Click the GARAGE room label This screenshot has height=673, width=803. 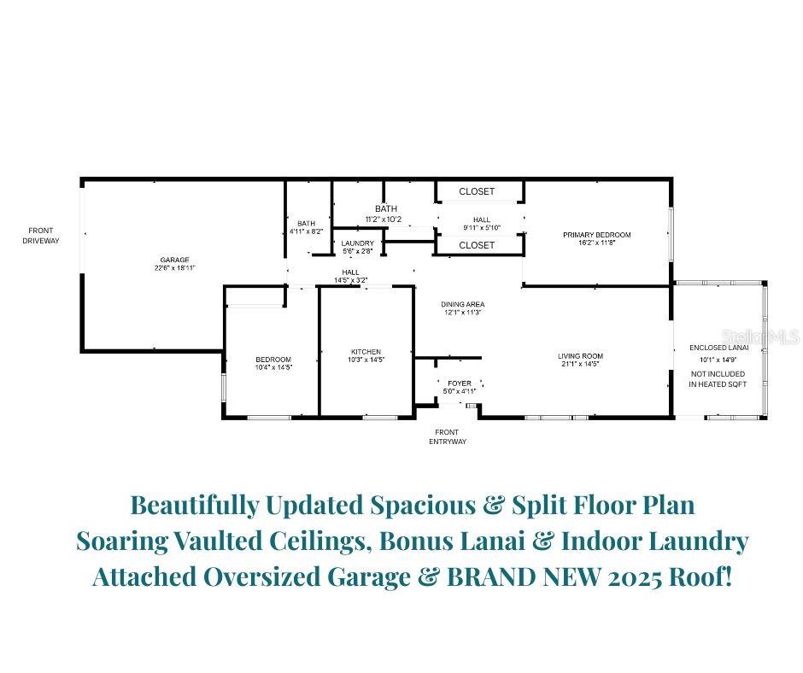[x=174, y=260]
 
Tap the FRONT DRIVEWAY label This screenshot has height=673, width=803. [x=41, y=236]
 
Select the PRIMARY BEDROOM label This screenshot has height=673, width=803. [x=596, y=235]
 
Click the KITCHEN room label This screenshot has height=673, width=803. [x=366, y=352]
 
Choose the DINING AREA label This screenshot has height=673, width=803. [x=463, y=304]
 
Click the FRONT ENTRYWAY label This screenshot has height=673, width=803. [x=446, y=436]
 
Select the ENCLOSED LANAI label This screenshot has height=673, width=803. [x=718, y=348]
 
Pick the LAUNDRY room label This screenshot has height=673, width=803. [x=357, y=243]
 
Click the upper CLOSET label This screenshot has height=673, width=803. [x=477, y=192]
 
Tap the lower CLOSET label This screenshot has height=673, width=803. [x=477, y=245]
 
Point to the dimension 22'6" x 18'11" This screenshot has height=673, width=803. [x=174, y=268]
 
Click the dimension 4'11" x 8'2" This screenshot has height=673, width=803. [x=306, y=231]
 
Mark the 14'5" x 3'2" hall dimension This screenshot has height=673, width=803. [x=350, y=279]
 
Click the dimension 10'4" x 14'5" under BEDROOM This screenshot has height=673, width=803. [x=273, y=367]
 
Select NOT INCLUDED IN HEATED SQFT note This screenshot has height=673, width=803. [x=718, y=379]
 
